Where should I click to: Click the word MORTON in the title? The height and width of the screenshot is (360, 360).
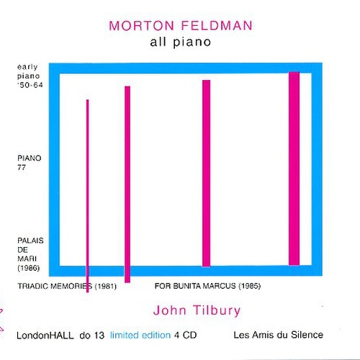click(x=141, y=26)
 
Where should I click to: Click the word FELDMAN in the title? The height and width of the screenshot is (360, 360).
click(x=217, y=26)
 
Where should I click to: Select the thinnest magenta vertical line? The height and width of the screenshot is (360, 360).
click(x=87, y=196)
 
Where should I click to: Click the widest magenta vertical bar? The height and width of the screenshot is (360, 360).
click(x=294, y=168)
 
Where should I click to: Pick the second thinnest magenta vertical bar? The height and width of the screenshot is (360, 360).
click(x=127, y=184)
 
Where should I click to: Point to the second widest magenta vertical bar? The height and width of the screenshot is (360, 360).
click(x=206, y=173)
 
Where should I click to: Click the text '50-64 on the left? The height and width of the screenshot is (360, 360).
click(x=30, y=85)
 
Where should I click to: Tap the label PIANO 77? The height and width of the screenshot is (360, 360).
click(x=30, y=163)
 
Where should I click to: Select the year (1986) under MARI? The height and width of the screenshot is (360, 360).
click(x=29, y=268)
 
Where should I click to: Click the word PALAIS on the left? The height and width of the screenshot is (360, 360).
click(x=30, y=240)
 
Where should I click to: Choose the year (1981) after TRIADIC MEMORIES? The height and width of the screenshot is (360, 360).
click(x=106, y=286)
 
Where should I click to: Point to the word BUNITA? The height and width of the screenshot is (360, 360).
click(x=187, y=286)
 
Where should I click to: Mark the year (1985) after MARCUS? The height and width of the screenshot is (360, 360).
click(x=249, y=286)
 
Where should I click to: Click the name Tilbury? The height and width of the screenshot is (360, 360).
click(x=217, y=310)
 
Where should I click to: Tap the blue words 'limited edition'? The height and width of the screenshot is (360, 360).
click(x=140, y=335)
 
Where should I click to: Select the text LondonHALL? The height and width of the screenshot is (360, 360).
click(x=45, y=336)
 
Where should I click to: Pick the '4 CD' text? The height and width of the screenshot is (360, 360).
click(x=186, y=335)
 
